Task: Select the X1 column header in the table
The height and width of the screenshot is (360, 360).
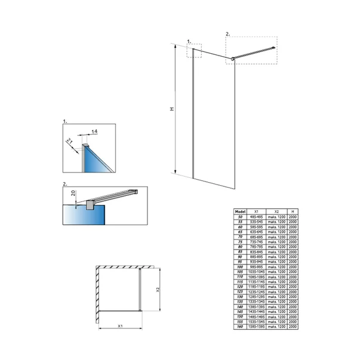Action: [256, 211]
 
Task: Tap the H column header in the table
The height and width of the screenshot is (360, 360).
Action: [293, 211]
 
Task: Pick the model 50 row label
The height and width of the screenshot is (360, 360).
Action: [239, 216]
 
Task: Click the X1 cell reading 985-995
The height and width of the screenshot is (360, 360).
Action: [256, 267]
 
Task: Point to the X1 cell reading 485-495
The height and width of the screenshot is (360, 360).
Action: [256, 216]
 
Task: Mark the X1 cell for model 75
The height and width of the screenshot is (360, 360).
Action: [256, 242]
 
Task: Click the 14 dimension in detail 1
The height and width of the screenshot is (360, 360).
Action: [95, 131]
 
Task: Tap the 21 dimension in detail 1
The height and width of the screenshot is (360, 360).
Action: [70, 141]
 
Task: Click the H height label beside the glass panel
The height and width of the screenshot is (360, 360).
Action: [171, 109]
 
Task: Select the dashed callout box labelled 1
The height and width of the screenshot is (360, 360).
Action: [195, 50]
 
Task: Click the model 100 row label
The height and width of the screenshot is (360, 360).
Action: [239, 267]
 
